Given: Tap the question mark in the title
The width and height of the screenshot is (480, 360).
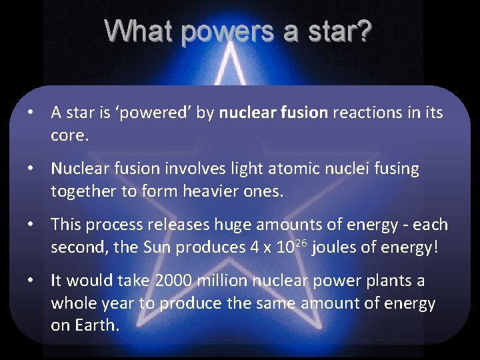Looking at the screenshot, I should (x=364, y=31).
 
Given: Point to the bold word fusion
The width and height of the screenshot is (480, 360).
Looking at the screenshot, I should (x=304, y=113).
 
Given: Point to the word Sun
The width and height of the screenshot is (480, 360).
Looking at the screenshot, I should (x=158, y=247).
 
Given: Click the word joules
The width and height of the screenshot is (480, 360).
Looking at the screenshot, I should (x=335, y=247).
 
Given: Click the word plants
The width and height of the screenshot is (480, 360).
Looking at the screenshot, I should (x=387, y=281).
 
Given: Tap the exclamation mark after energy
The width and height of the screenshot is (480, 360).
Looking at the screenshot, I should (x=436, y=247).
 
